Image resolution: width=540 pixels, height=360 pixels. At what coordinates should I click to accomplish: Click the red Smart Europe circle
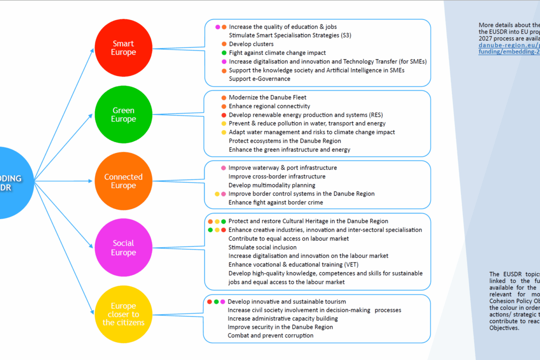click(x=123, y=48)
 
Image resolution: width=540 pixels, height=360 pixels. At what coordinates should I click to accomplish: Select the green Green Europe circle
click(x=123, y=114)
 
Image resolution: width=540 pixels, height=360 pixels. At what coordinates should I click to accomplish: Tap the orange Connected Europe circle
click(x=123, y=181)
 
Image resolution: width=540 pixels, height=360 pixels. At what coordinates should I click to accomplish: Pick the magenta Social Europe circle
click(x=123, y=247)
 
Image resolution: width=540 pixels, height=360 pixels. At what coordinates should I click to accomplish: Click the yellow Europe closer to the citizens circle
click(x=123, y=314)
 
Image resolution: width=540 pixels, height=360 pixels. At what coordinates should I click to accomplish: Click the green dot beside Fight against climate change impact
click(x=224, y=53)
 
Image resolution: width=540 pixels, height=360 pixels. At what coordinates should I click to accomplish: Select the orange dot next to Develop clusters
click(x=224, y=44)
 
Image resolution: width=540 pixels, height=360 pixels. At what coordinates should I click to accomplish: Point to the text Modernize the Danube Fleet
click(x=267, y=97)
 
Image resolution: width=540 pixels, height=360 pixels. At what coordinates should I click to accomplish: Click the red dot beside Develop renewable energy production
click(x=223, y=115)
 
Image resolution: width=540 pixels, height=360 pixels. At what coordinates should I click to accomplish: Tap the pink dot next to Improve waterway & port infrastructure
click(x=223, y=168)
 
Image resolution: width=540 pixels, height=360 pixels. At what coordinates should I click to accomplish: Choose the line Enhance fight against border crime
click(x=275, y=202)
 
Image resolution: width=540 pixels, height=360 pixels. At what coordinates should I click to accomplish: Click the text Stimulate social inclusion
click(x=262, y=247)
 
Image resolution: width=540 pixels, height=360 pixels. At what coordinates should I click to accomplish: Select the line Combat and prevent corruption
click(x=270, y=335)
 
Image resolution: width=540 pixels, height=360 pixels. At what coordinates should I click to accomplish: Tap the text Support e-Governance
click(x=259, y=79)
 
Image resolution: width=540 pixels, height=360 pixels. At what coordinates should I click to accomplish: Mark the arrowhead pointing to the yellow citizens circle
click(x=92, y=312)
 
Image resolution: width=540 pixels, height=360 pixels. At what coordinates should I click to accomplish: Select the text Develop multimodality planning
click(x=272, y=185)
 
